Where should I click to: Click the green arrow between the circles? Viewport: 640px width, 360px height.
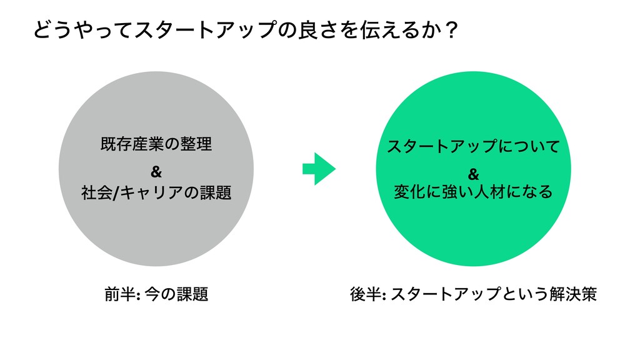pos(319,169)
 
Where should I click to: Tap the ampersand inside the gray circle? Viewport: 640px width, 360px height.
pos(156,170)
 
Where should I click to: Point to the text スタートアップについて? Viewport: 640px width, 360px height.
pos(473,147)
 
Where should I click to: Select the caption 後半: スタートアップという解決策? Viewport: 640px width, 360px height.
pos(474,293)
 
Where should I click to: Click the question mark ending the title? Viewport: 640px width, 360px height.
pos(451,30)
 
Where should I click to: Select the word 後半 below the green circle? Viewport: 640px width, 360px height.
pos(364,293)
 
